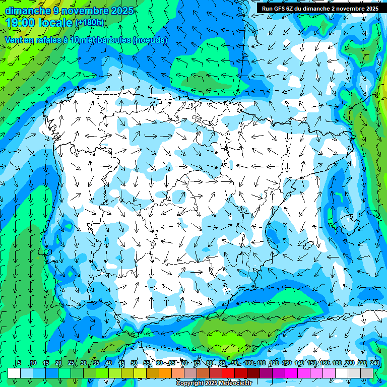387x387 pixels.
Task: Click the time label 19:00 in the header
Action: pos(21,23)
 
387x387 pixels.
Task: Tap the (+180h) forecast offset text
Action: pos(89,23)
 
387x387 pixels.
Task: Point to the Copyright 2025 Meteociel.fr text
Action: pos(214,383)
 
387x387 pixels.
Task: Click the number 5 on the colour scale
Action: pos(19,363)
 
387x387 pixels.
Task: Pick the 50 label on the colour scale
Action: pos(134,363)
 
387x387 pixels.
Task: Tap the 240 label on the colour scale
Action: pos(375,363)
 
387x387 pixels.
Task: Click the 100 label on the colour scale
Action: pos(249,363)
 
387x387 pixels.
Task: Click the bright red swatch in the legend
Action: pos(228,373)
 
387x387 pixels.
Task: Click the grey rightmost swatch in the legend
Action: pos(367,373)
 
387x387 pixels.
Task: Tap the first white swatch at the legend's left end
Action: pos(14,373)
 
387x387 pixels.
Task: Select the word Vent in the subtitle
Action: pos(14,40)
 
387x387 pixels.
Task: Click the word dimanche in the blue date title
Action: pos(27,11)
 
